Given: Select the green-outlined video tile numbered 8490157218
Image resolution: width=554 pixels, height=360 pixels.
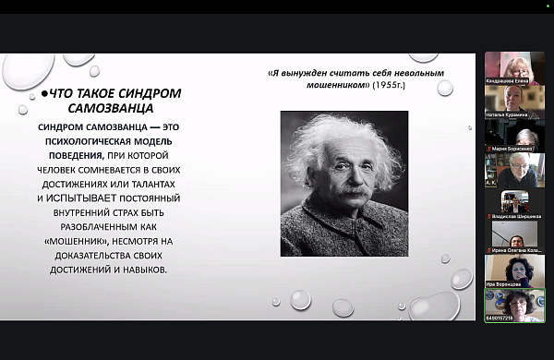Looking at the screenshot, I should [x=514, y=304].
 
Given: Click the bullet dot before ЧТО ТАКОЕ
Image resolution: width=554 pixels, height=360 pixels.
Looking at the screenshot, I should [x=44, y=94].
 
